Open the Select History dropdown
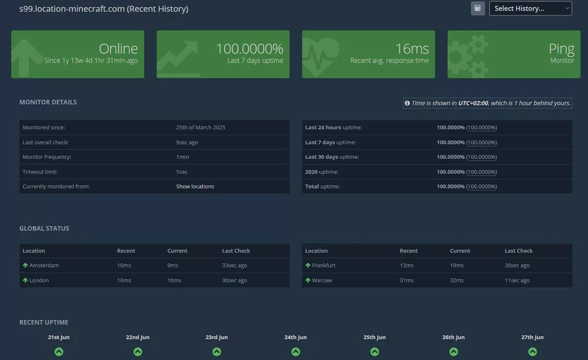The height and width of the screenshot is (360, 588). point(530,9)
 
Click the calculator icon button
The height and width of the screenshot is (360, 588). point(477,9)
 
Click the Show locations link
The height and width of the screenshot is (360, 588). point(195,186)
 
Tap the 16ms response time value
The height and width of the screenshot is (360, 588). point(412,48)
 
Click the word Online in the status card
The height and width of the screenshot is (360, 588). point(118,48)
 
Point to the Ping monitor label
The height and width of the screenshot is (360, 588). point(562,49)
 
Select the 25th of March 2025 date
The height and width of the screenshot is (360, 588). point(201,127)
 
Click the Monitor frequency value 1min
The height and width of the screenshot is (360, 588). point(182,157)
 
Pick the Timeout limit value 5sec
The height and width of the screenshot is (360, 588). point(181,172)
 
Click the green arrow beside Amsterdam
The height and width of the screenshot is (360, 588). point(25,265)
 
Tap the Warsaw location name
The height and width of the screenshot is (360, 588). point(322,280)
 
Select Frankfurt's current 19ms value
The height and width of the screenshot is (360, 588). point(457,265)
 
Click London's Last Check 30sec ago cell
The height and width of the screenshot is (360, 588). point(235,280)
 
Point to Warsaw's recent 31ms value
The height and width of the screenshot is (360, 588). point(407,280)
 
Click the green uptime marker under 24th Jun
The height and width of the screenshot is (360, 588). point(295,351)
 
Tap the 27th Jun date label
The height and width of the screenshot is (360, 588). point(532,337)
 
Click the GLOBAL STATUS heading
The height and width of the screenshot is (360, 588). point(44,228)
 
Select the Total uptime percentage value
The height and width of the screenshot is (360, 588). point(451,186)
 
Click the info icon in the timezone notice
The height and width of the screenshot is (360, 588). point(407,103)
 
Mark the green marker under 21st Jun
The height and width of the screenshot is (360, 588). point(59,351)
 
